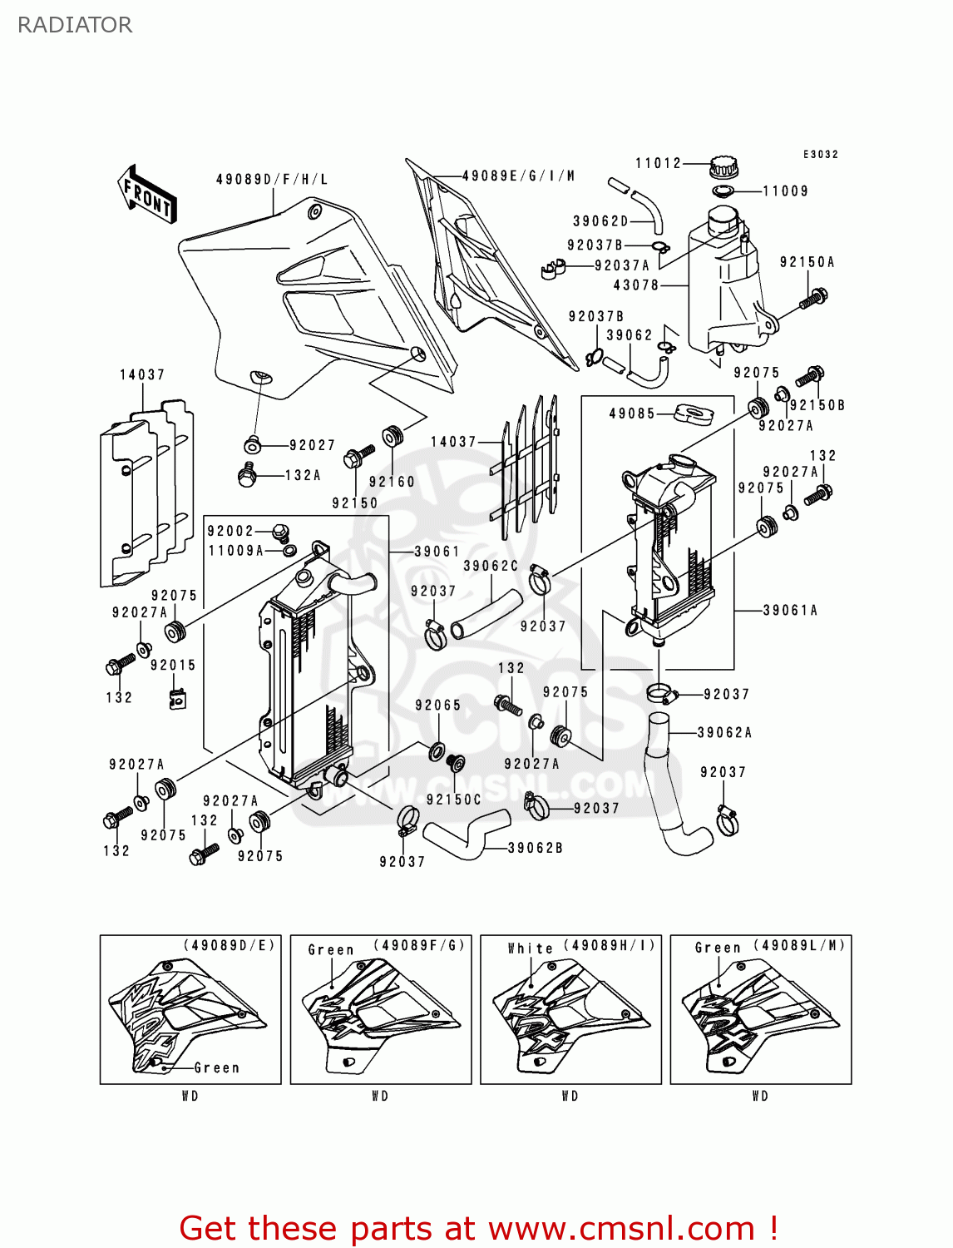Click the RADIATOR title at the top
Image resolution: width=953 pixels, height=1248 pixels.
[x=75, y=25]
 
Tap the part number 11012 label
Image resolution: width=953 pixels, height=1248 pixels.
[x=658, y=163]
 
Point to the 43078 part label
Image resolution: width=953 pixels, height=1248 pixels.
[x=635, y=285]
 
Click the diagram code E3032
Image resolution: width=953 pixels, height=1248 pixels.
[x=820, y=154]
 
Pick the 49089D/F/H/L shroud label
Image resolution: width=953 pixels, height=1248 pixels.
[x=272, y=179]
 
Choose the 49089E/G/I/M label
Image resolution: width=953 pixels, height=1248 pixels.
[x=518, y=176]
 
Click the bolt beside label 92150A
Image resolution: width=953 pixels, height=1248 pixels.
[x=813, y=297]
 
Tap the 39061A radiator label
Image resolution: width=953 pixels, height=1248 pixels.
[x=790, y=610]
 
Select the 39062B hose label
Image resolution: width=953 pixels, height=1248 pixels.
[x=535, y=848]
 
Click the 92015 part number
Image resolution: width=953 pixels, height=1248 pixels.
[x=173, y=665]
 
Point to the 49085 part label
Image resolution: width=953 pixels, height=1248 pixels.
[x=632, y=413]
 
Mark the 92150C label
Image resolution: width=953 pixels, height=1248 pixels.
[x=453, y=799]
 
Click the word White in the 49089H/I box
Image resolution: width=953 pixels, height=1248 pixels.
[x=530, y=948]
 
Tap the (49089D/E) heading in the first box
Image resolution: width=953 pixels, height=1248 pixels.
[x=230, y=945]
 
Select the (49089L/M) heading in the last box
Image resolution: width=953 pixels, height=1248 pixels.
[x=799, y=945]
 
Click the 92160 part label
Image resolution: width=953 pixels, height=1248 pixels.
[x=392, y=481]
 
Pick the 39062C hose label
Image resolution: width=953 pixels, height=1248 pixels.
[x=491, y=566]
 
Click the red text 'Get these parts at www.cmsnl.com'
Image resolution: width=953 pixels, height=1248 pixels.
[x=478, y=1228]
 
